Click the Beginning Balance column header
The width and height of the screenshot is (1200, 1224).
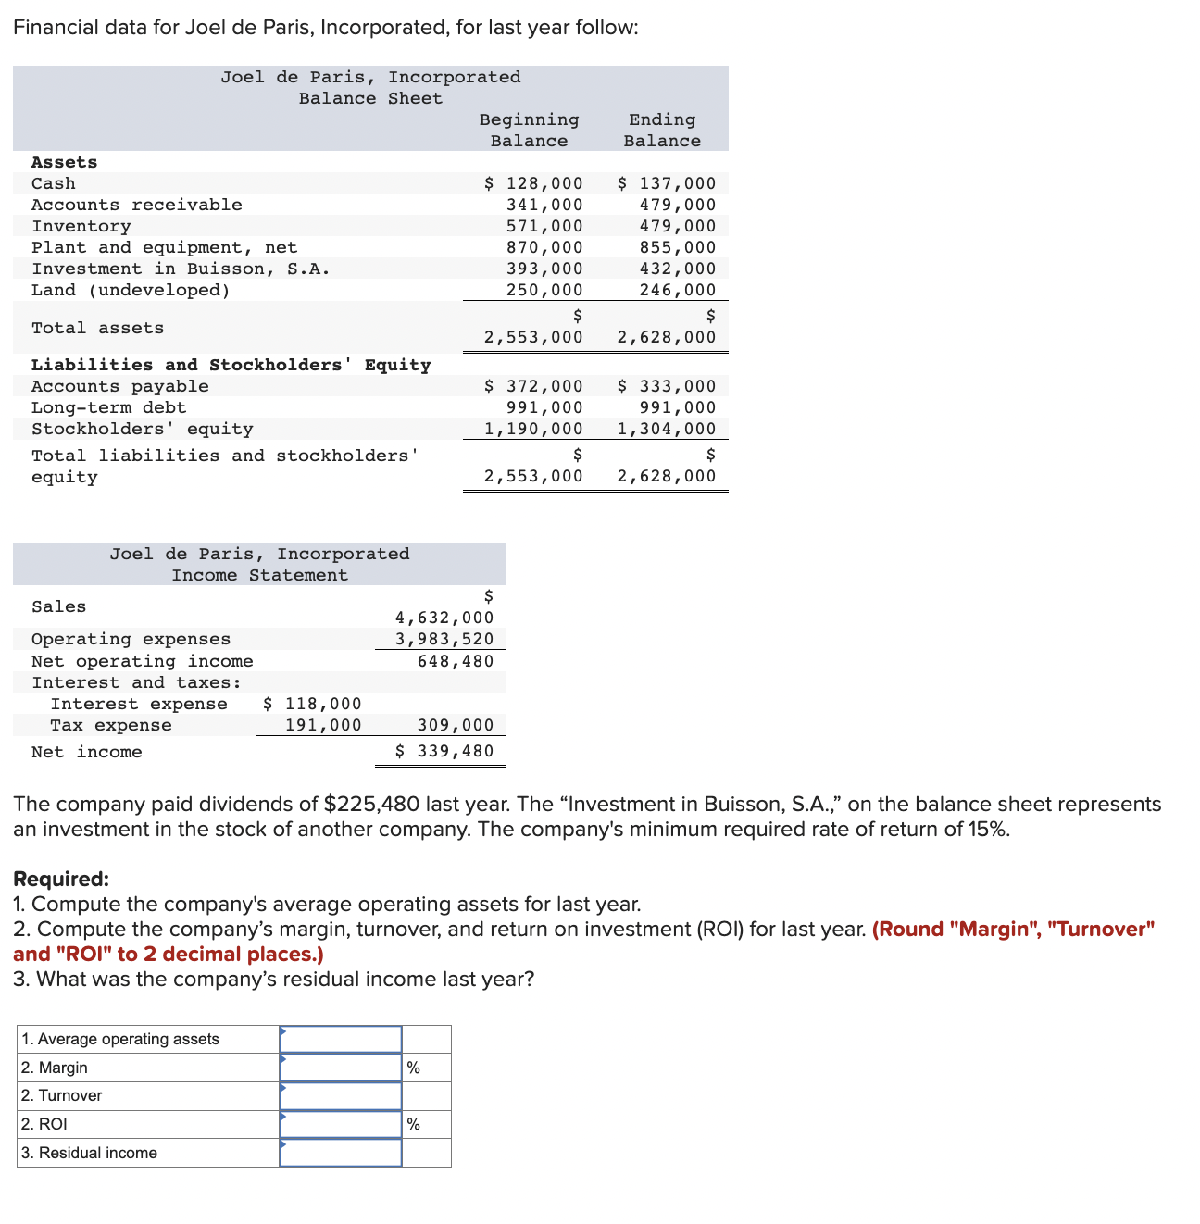[x=529, y=130]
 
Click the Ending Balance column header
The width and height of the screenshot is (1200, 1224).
[x=661, y=130]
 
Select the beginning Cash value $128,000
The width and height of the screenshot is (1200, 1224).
[x=534, y=183]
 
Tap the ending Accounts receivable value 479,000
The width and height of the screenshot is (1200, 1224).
[x=677, y=205]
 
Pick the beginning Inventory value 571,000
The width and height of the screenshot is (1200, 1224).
[x=544, y=226]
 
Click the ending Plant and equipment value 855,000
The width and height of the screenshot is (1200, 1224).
[x=677, y=247]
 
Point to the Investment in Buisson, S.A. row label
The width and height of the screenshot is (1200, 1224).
[x=181, y=269]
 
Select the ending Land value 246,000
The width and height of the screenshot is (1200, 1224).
[x=677, y=290]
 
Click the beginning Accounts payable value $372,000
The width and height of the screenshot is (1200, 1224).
[x=534, y=386]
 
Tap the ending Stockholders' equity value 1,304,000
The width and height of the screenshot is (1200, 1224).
[x=667, y=429]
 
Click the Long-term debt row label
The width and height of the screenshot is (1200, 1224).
[x=108, y=407]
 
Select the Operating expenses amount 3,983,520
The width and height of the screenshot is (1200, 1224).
[x=444, y=639]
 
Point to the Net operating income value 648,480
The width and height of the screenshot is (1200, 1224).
[x=456, y=661]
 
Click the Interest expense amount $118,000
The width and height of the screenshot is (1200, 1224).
[x=312, y=704]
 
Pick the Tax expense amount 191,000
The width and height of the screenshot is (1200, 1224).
[x=322, y=725]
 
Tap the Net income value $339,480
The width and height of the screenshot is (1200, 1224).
[x=444, y=751]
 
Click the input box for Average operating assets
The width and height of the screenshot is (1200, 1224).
[x=341, y=1039]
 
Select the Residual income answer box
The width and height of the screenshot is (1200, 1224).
[x=341, y=1153]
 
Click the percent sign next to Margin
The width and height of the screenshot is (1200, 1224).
[x=413, y=1068]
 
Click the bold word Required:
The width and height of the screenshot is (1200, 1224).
[x=61, y=879]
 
